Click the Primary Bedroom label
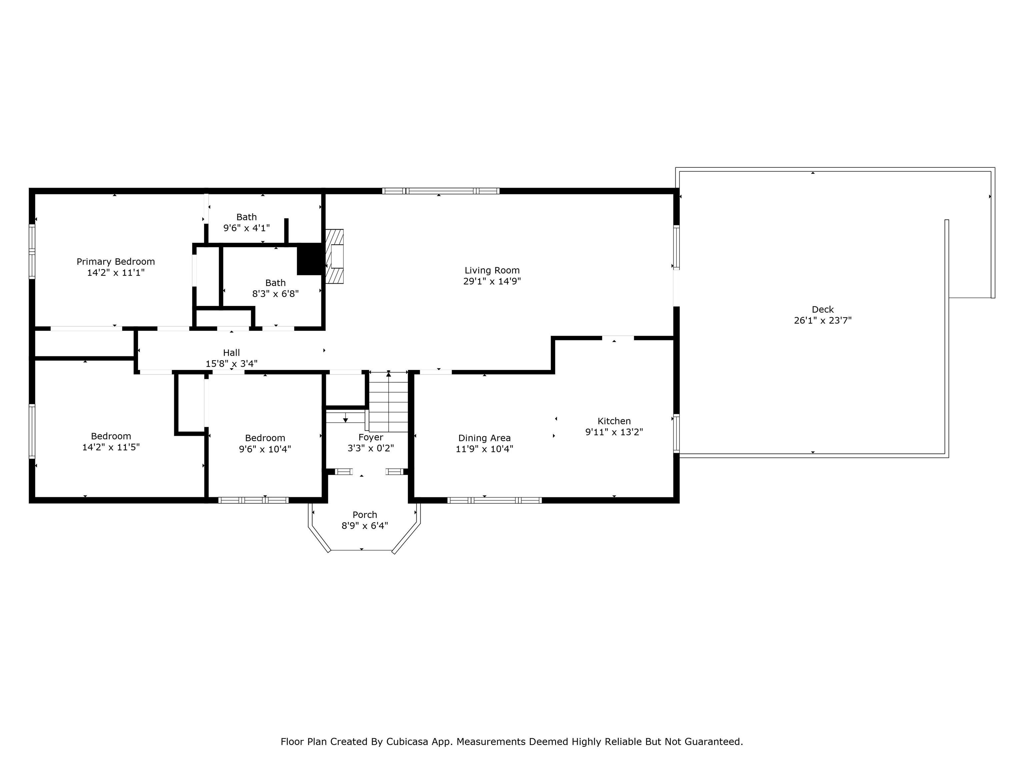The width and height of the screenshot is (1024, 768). [116, 262]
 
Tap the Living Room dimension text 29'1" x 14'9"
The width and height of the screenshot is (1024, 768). [492, 281]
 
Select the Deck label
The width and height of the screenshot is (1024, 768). [823, 309]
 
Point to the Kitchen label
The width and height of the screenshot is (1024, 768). [614, 421]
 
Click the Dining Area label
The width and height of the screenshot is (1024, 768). [484, 438]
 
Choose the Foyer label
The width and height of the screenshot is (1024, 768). [370, 437]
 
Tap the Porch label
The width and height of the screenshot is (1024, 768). [365, 514]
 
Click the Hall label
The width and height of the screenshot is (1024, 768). [231, 353]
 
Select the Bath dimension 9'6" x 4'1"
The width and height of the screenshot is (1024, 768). [246, 228]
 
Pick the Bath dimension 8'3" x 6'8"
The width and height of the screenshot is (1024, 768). [275, 293]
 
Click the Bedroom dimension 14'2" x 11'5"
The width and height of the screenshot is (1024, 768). [111, 447]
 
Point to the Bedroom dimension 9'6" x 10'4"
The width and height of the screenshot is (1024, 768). [265, 449]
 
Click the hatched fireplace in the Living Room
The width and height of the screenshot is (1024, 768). [335, 256]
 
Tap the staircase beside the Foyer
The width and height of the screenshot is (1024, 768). [388, 402]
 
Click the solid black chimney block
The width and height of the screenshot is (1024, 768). [310, 259]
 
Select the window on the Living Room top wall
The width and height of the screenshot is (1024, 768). [441, 191]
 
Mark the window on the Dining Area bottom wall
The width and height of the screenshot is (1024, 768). [494, 500]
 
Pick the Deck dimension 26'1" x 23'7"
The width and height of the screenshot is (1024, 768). [823, 320]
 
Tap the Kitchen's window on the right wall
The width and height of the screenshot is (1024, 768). [676, 433]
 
